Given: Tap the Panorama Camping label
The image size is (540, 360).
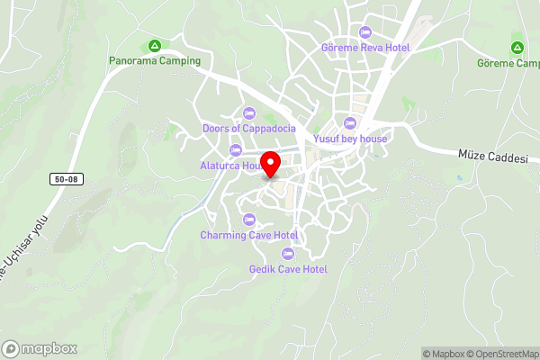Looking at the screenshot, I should [x=155, y=60].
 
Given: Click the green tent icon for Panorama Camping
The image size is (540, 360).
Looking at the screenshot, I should [x=155, y=45].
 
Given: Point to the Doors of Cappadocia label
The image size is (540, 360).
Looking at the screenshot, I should [x=248, y=128].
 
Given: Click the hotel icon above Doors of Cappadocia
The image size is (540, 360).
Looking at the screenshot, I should [x=248, y=112].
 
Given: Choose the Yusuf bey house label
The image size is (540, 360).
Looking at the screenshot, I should [x=350, y=139].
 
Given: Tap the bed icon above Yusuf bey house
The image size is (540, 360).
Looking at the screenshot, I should [x=350, y=123].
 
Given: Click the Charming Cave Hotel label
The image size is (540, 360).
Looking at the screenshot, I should [x=248, y=235].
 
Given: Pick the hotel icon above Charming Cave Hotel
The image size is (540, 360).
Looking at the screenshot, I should [x=248, y=220].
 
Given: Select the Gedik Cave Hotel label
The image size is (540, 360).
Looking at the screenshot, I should [x=288, y=268].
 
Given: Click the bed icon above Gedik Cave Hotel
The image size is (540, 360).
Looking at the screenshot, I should [x=287, y=253].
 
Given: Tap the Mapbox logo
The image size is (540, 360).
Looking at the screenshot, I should [x=40, y=348].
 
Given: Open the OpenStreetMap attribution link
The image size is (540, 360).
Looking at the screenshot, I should [x=503, y=354].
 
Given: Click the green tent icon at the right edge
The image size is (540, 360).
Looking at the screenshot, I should [x=517, y=47].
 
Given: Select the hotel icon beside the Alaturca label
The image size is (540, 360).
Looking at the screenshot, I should [x=236, y=150].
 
